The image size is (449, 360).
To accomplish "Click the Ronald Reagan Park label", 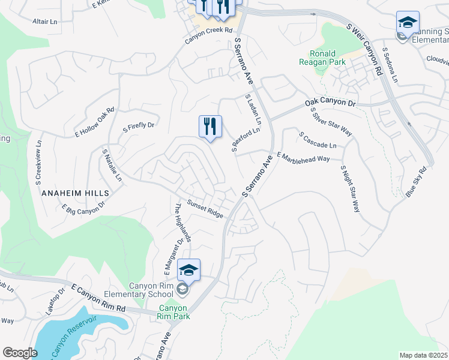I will (x=318, y=57).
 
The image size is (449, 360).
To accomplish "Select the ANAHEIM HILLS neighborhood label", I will (x=76, y=193).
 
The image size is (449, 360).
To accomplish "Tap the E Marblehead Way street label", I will (x=304, y=157).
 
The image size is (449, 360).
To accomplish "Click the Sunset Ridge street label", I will (x=205, y=209).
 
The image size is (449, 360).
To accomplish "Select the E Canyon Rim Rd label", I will (x=98, y=298).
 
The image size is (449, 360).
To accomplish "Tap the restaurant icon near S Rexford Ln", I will (x=210, y=127).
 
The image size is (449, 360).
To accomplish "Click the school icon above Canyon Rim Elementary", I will (x=188, y=271).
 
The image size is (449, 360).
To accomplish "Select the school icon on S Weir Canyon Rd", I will (x=408, y=24).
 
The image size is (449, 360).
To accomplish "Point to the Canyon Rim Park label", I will (x=173, y=312).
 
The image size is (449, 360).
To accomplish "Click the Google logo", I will (x=20, y=353).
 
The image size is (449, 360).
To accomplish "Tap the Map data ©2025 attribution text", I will (x=423, y=355).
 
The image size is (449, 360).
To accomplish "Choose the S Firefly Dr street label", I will (x=139, y=126).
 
